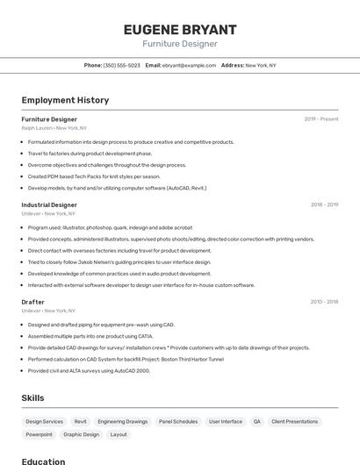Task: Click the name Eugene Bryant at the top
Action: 180,29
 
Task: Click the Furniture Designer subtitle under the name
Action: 180,44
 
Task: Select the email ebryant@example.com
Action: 187,65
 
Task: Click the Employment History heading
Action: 65,100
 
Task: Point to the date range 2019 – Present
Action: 321,119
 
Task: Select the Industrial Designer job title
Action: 49,204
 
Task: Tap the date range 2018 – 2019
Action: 324,204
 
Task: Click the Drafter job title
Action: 33,302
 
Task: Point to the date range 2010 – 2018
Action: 324,302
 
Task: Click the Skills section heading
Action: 32,398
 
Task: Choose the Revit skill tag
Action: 81,422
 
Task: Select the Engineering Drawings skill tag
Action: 123,422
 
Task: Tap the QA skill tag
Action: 257,422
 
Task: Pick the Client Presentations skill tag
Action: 295,422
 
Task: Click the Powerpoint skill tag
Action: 40,434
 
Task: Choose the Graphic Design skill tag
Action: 81,434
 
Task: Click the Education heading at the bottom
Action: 44,461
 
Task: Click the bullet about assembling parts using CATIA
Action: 90,336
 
